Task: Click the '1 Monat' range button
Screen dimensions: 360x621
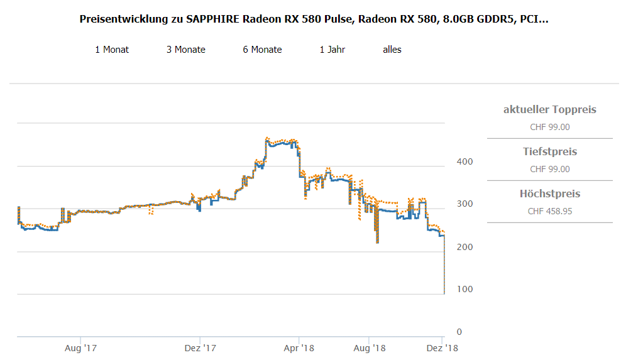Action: point(112,50)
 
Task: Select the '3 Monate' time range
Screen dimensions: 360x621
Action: point(185,50)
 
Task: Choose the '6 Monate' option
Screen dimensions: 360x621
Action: point(262,50)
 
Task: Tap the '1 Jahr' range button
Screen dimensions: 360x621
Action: point(332,50)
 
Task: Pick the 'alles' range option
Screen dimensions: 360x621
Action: point(392,50)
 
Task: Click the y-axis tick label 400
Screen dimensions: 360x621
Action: point(464,161)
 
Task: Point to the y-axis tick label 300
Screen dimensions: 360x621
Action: point(464,204)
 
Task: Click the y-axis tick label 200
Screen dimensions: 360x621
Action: point(464,247)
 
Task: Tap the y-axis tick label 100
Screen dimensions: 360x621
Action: point(464,289)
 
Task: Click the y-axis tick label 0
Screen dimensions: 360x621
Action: point(459,332)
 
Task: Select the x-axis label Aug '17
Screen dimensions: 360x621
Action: point(80,347)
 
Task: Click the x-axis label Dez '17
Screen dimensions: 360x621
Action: point(200,347)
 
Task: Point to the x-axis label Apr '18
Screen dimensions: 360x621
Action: point(299,347)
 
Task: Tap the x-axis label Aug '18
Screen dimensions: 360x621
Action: point(370,347)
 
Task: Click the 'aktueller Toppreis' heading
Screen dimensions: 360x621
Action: point(549,110)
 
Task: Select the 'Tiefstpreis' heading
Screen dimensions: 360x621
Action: point(549,152)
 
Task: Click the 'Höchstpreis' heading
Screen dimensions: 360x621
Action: point(549,194)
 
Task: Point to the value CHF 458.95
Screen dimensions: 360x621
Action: point(549,211)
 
